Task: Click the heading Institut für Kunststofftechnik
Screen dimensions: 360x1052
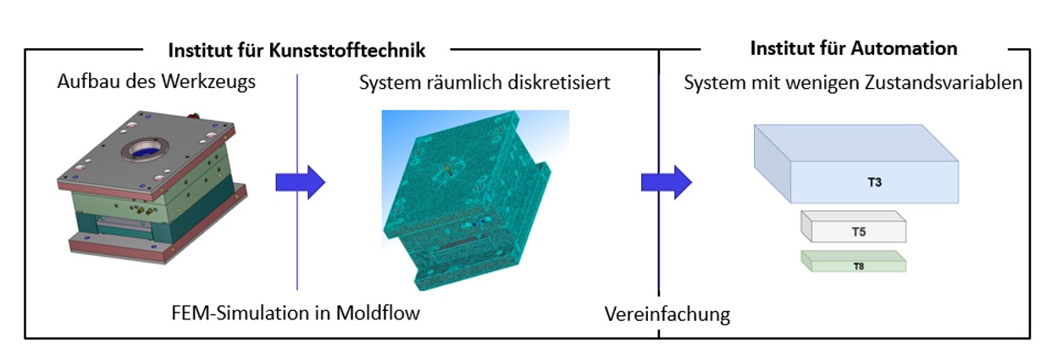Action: click(x=296, y=50)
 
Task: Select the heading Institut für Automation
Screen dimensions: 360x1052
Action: click(x=853, y=48)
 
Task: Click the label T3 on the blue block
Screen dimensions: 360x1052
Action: click(x=875, y=181)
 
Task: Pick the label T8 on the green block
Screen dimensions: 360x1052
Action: click(x=857, y=265)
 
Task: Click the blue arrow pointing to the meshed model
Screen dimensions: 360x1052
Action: click(x=300, y=181)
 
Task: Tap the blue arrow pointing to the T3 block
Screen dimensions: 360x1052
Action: click(x=666, y=181)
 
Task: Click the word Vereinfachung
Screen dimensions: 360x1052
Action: click(x=667, y=314)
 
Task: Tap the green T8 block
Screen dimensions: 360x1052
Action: click(x=853, y=261)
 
